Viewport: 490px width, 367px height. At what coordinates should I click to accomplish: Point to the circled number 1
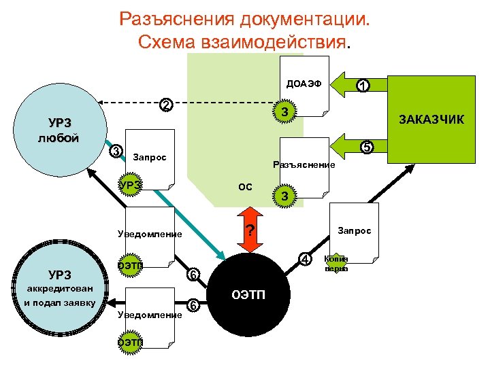[364, 86]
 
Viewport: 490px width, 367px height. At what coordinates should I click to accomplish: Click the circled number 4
[306, 259]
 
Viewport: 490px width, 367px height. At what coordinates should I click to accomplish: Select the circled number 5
[365, 146]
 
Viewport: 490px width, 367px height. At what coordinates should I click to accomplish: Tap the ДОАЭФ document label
[304, 85]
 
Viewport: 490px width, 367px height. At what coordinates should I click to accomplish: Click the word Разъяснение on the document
[304, 164]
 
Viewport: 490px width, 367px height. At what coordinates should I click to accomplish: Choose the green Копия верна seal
[336, 264]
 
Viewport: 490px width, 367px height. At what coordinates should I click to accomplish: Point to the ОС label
[245, 186]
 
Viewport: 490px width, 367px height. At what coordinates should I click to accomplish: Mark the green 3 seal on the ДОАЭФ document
[286, 111]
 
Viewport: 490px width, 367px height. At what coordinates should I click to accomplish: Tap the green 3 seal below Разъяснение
[285, 196]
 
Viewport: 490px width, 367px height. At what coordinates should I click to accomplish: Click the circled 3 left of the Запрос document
[116, 150]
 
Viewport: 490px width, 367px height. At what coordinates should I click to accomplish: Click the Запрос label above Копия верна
[355, 230]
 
